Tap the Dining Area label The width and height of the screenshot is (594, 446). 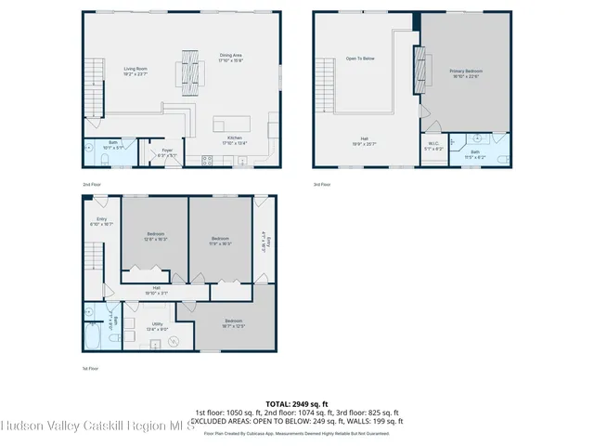pos(231,58)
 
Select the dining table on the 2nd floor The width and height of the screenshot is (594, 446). pos(190,68)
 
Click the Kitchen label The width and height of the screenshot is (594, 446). pos(235,140)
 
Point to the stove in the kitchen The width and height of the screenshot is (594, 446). pos(206,160)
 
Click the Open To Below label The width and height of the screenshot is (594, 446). pos(360,59)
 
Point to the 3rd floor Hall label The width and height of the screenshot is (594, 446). pos(366,141)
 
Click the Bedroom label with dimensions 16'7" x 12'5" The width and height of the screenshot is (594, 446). pos(233,322)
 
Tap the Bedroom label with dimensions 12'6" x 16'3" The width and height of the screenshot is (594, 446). pos(155,236)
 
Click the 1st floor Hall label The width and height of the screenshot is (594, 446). pos(156,290)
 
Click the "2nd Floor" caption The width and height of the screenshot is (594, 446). pos(91,184)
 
